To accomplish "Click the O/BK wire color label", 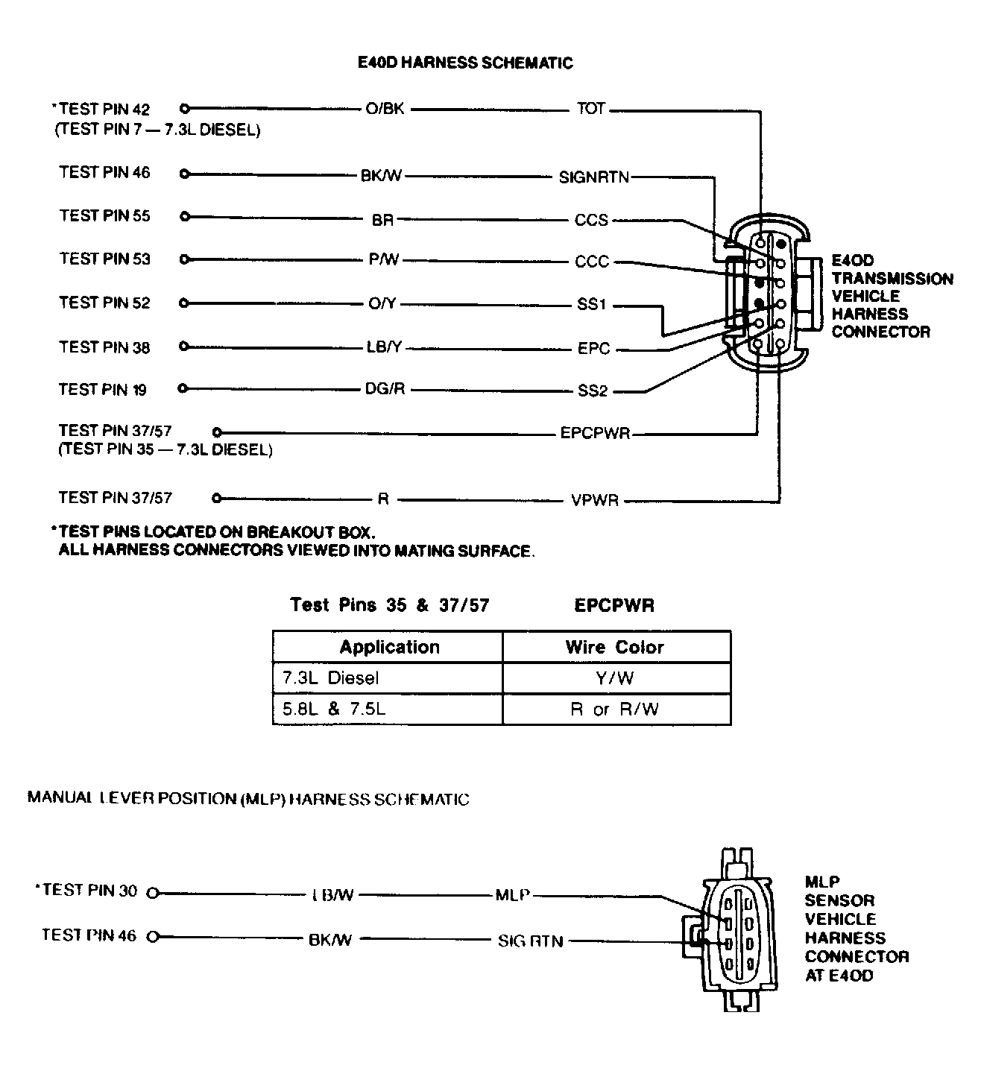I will click(x=385, y=109).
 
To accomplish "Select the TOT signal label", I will click(x=590, y=109).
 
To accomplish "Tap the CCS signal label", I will click(x=591, y=220).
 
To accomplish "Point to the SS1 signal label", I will click(x=592, y=305).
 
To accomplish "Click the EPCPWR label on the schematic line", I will click(x=595, y=433).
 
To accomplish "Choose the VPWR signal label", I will click(x=595, y=500).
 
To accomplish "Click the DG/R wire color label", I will click(x=385, y=390).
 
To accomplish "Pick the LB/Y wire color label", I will click(x=385, y=347).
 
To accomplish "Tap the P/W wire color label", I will click(x=384, y=259).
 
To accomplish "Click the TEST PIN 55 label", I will click(x=104, y=216).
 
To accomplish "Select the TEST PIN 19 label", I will click(x=103, y=390).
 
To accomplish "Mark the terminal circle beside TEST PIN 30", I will click(x=154, y=892).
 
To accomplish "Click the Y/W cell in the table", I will click(x=616, y=678).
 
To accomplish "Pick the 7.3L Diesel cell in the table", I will click(x=330, y=678).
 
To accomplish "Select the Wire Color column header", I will click(x=614, y=647).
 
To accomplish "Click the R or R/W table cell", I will click(x=615, y=710).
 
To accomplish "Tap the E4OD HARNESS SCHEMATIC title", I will click(x=466, y=63).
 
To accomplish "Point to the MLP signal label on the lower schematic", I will click(x=512, y=894).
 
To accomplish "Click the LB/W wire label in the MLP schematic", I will click(x=332, y=894).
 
